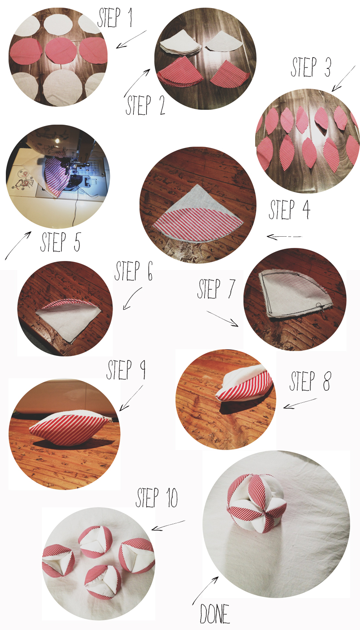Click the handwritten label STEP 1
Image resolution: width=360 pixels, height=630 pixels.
pyautogui.click(x=115, y=18)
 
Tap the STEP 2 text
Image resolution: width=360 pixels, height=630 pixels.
pyautogui.click(x=145, y=105)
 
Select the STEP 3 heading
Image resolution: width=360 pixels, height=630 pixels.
pyautogui.click(x=310, y=67)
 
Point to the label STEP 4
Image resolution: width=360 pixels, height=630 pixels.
pyautogui.click(x=289, y=210)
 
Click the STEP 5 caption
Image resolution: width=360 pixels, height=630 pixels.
pyautogui.click(x=60, y=242)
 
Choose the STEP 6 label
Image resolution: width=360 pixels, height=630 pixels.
pyautogui.click(x=134, y=271)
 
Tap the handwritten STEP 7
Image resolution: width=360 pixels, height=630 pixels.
pyautogui.click(x=216, y=289)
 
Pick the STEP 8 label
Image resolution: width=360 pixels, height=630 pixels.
pyautogui.click(x=310, y=381)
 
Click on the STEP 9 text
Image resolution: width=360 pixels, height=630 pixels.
pyautogui.click(x=126, y=369)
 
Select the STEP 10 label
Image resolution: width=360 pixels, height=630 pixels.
pyautogui.click(x=157, y=498)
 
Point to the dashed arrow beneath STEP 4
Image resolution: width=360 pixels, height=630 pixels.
pyautogui.click(x=284, y=237)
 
